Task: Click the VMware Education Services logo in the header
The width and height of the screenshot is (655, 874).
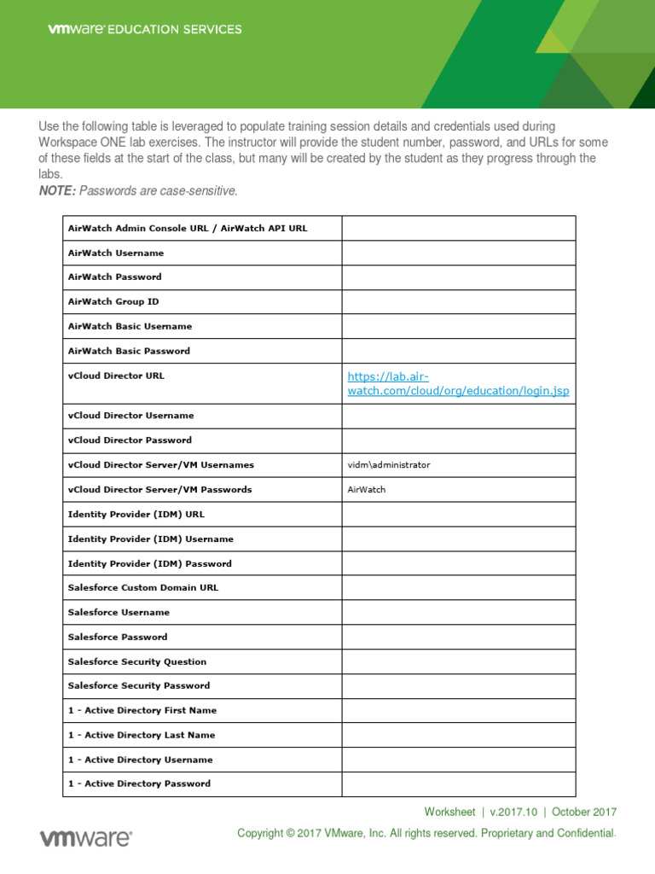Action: pos(144,29)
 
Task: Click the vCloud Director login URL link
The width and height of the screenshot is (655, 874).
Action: pos(458,383)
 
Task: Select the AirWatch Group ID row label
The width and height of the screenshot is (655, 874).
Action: pos(113,301)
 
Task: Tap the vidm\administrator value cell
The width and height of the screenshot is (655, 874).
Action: pos(389,465)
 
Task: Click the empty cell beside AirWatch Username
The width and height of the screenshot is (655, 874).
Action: pos(458,253)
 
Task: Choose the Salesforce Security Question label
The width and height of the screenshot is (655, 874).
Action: pos(136,661)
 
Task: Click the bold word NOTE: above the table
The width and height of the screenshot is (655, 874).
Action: pos(57,191)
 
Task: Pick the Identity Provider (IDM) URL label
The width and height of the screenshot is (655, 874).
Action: pos(136,515)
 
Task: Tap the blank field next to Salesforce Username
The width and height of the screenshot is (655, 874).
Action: pos(458,612)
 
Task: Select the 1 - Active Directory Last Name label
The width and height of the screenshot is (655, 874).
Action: pos(141,735)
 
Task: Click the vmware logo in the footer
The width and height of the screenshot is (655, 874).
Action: pos(85,838)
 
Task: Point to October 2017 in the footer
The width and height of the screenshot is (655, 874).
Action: pos(584,813)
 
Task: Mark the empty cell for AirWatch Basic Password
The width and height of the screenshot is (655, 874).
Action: pos(458,351)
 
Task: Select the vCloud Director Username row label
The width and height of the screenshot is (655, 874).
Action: pos(130,416)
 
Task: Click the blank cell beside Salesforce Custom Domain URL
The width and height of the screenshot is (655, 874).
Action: pos(458,587)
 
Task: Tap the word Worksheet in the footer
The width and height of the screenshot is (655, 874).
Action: pos(449,813)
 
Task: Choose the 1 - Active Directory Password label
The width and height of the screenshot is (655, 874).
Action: pos(139,784)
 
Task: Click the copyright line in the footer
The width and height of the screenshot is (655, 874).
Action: pos(426,833)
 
